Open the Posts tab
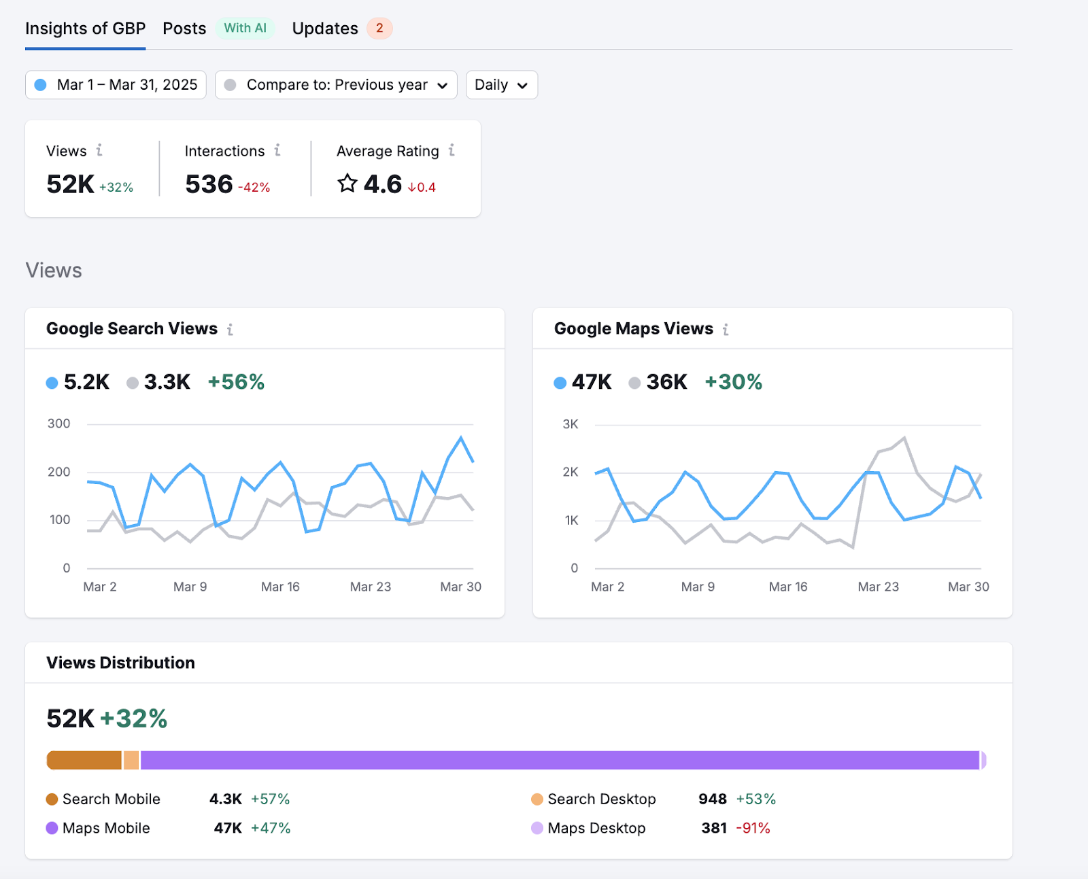184,29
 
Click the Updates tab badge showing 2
379,29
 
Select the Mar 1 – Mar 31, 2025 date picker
116,85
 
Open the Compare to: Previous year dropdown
336,85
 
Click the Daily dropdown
501,85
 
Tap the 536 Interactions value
209,184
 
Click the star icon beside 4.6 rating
347,184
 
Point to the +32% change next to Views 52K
116,188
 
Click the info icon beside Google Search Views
231,330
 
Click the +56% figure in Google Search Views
236,382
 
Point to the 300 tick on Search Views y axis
59,424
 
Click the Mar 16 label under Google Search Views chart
280,587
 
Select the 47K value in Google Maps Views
592,382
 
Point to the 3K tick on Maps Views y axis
571,424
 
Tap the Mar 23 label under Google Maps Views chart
878,587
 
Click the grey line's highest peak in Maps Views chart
904,438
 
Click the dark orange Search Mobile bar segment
84,760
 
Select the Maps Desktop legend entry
589,828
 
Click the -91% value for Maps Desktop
753,828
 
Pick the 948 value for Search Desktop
712,799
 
